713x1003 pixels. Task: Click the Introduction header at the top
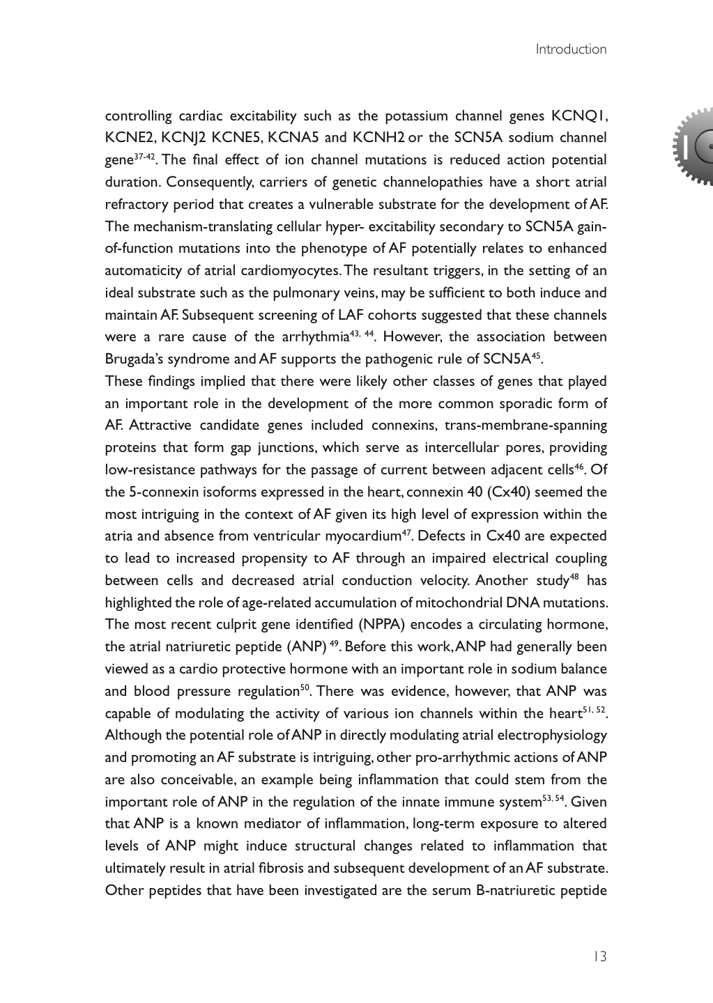571,49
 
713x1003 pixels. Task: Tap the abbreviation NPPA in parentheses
401,625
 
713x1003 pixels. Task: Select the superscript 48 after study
575,577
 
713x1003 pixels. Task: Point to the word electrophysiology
551,736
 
